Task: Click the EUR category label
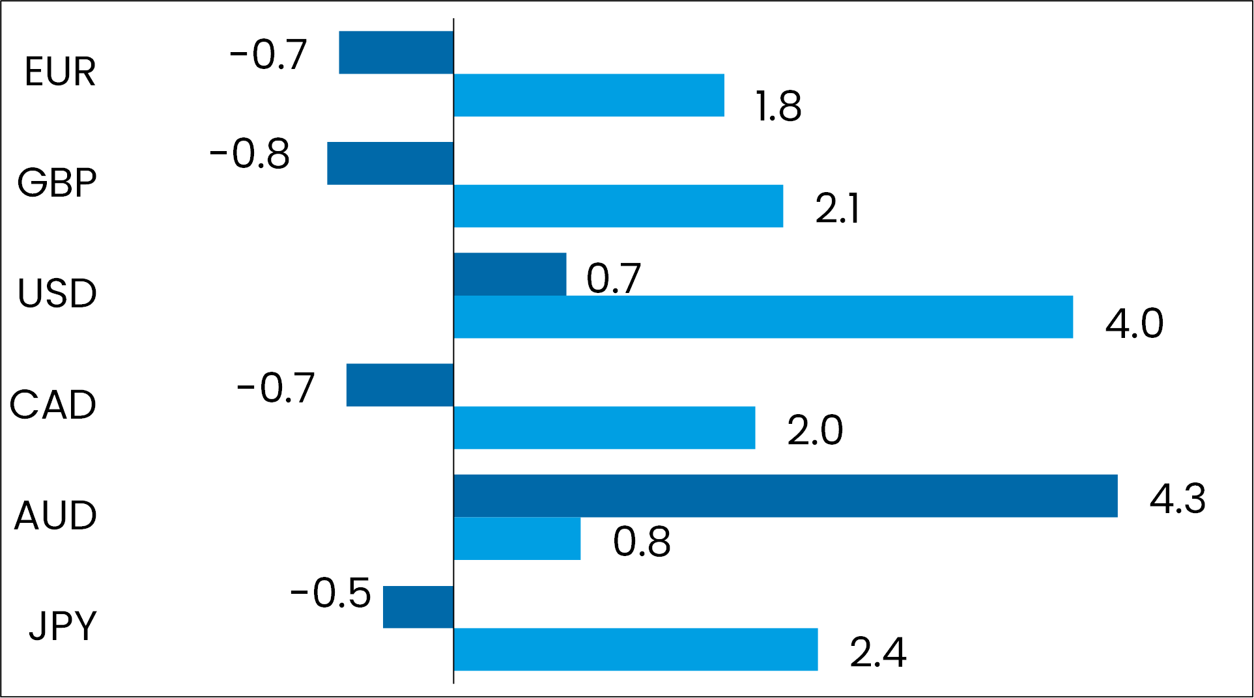(60, 72)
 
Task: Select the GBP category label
(57, 182)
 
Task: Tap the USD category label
(57, 294)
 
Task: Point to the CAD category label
(53, 405)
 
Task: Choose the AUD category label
(56, 516)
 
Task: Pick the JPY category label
(63, 626)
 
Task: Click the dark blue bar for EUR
(396, 53)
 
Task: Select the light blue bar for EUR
(589, 95)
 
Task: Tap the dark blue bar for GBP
(390, 163)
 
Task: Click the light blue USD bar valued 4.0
(763, 317)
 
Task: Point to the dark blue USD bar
(510, 274)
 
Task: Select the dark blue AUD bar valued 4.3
(785, 496)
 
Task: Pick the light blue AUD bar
(517, 538)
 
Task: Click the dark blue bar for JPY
(418, 607)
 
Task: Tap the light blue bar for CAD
(605, 428)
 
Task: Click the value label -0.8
(249, 154)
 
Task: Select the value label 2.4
(877, 652)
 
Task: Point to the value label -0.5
(330, 593)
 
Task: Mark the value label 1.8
(778, 106)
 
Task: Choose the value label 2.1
(837, 209)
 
